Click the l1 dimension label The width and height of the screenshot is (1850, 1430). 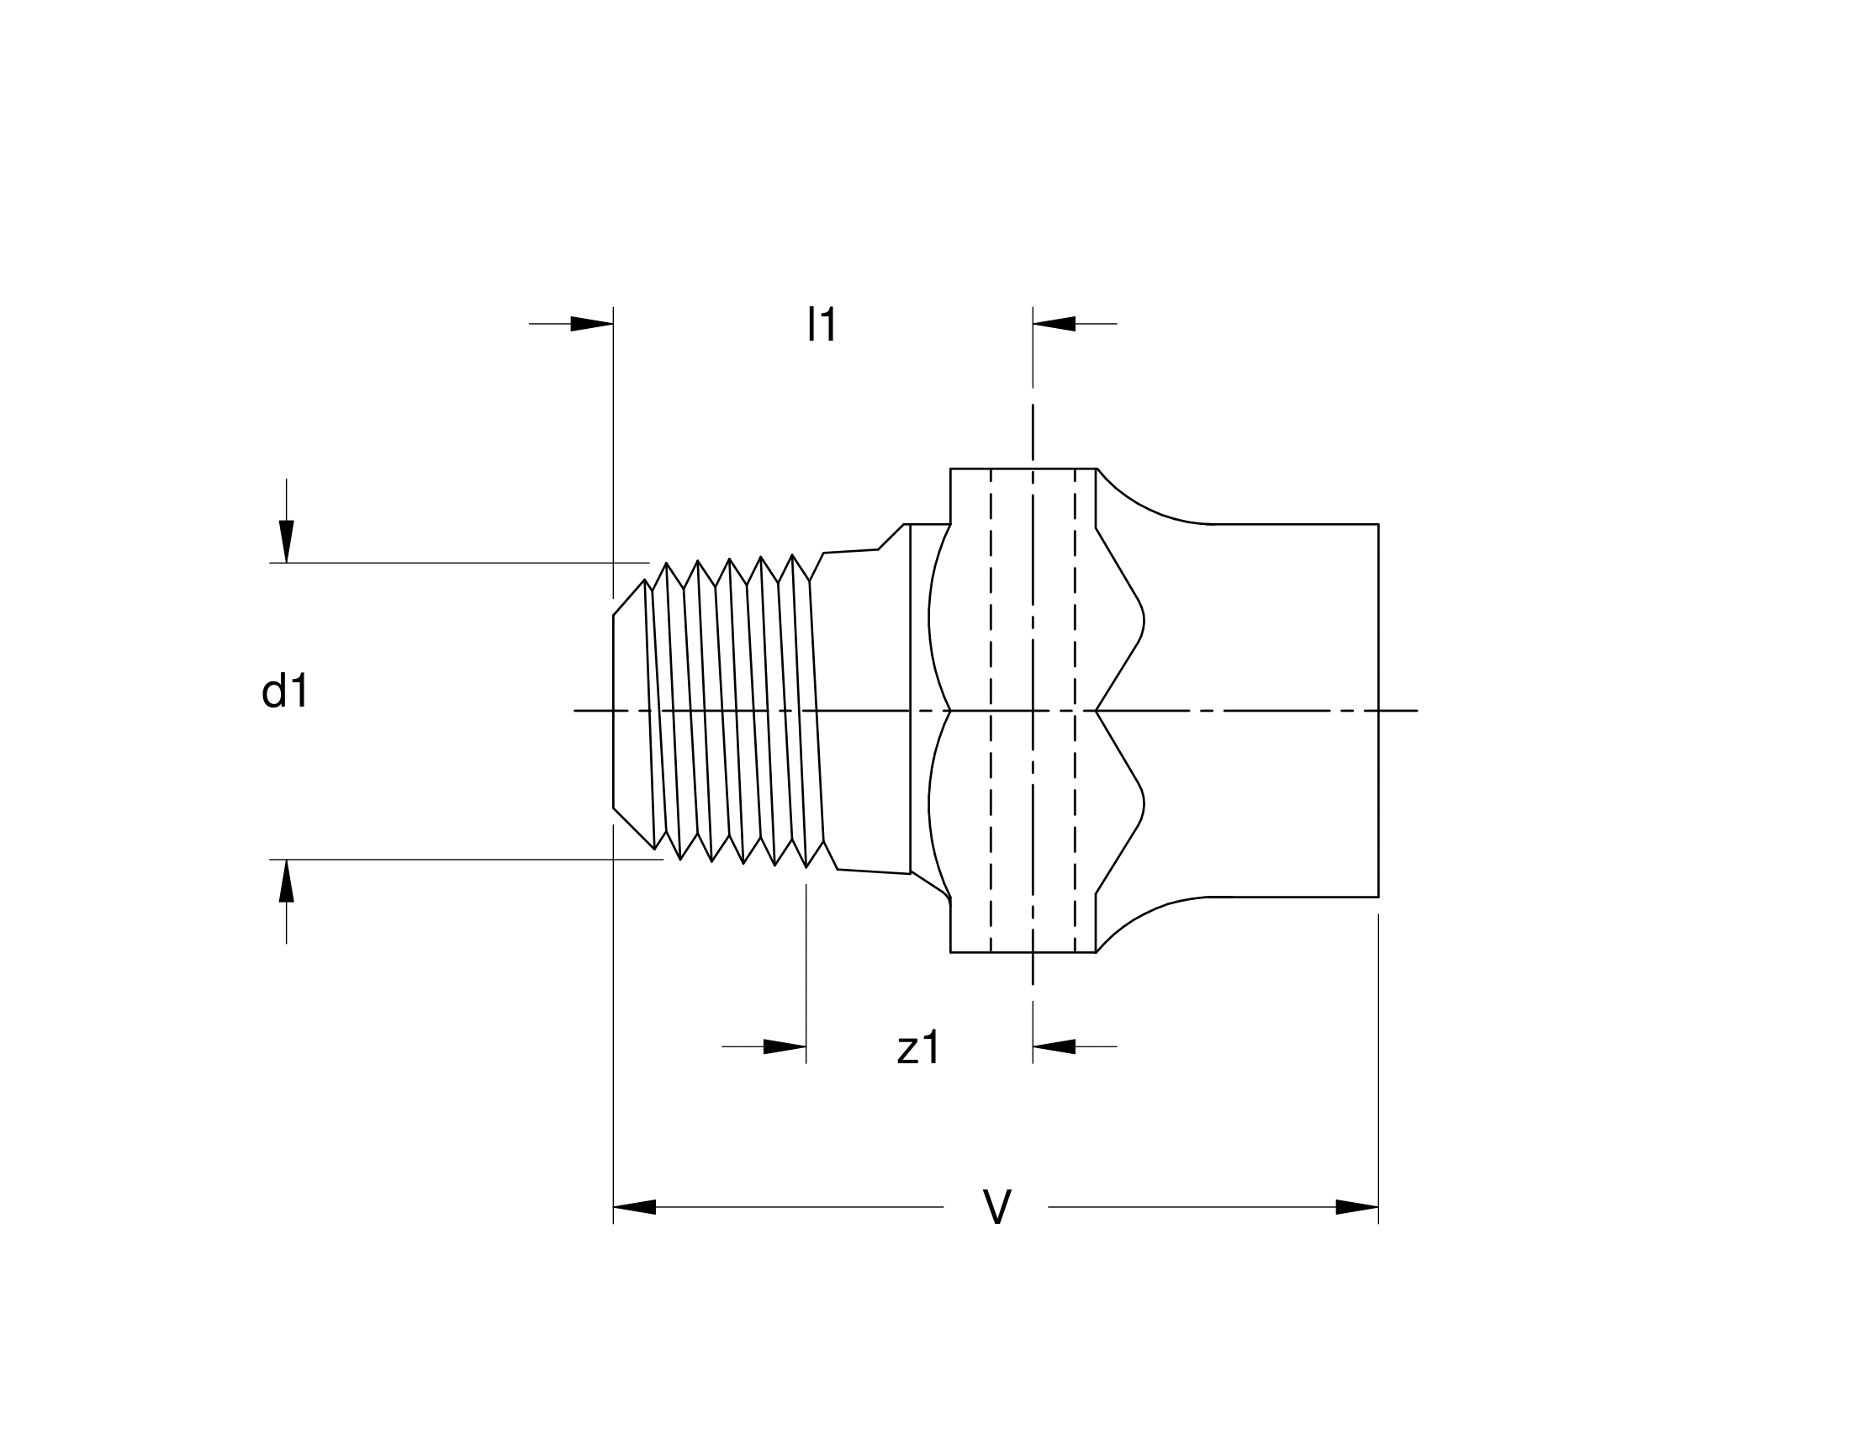tap(822, 324)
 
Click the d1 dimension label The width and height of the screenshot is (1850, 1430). tap(284, 691)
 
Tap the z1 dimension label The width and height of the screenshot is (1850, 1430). tap(918, 1048)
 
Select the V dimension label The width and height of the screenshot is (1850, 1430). tap(997, 1206)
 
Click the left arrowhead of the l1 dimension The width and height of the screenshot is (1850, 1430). tap(591, 324)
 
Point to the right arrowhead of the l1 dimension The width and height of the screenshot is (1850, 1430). tap(1054, 324)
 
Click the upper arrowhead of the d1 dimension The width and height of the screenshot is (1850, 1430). tap(286, 542)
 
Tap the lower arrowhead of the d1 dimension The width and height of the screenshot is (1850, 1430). tap(286, 881)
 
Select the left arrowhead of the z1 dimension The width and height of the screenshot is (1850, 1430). tap(785, 1047)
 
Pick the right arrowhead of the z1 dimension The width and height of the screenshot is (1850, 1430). tap(1054, 1047)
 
